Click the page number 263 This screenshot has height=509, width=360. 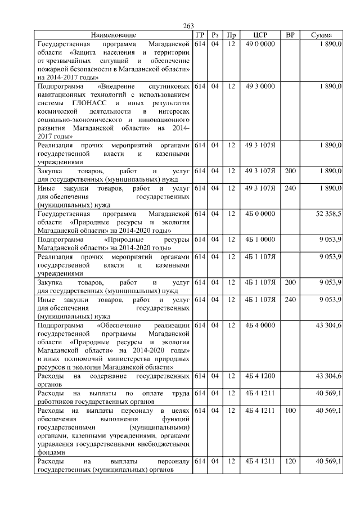click(188, 26)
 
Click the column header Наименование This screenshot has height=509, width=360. click(113, 35)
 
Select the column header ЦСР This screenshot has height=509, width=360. click(260, 35)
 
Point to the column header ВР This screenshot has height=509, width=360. click(290, 35)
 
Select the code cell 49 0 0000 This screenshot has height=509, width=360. click(260, 43)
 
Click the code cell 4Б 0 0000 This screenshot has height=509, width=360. click(260, 214)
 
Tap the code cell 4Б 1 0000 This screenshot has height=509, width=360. click(260, 239)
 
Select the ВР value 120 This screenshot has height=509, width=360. click(290, 461)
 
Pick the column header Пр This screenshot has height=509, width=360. click(231, 35)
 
